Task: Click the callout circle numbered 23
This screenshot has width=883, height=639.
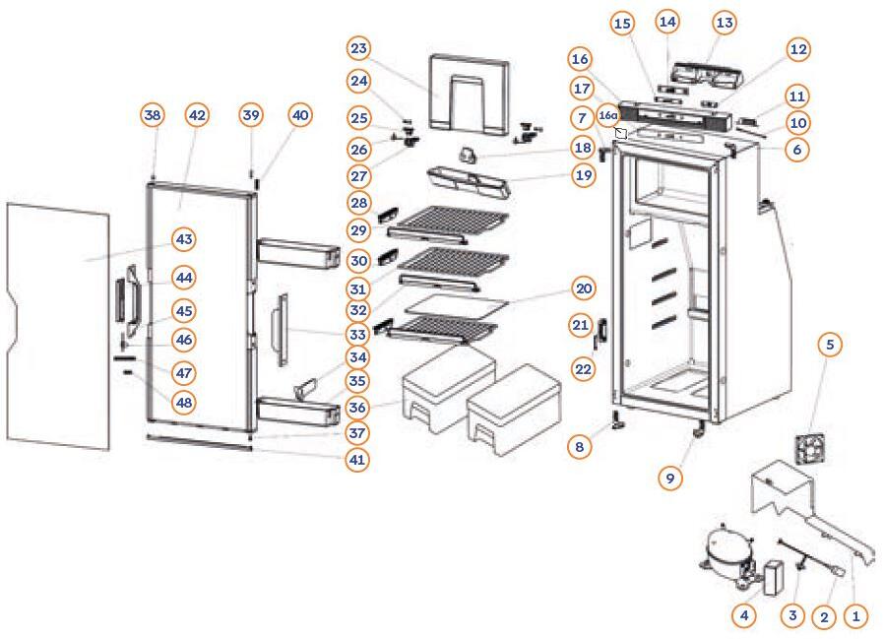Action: pyautogui.click(x=358, y=48)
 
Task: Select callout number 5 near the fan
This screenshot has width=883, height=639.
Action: pyautogui.click(x=830, y=345)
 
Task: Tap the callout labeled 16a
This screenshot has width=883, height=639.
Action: pyautogui.click(x=607, y=114)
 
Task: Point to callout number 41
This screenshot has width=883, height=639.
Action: pyautogui.click(x=358, y=459)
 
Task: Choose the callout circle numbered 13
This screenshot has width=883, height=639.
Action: pyautogui.click(x=725, y=22)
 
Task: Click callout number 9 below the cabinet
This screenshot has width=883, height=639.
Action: pyautogui.click(x=669, y=479)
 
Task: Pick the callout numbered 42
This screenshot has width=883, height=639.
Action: pyautogui.click(x=197, y=115)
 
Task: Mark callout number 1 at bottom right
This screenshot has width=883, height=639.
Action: pyautogui.click(x=855, y=616)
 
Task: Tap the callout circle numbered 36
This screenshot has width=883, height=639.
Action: pyautogui.click(x=358, y=407)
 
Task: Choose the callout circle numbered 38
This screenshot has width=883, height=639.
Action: pyautogui.click(x=152, y=115)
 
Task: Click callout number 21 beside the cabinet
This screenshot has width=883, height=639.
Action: pyautogui.click(x=580, y=325)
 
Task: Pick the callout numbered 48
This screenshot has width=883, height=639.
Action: pyautogui.click(x=183, y=402)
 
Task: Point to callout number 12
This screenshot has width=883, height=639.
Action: pyautogui.click(x=797, y=48)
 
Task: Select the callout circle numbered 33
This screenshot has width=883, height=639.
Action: pyautogui.click(x=358, y=335)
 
